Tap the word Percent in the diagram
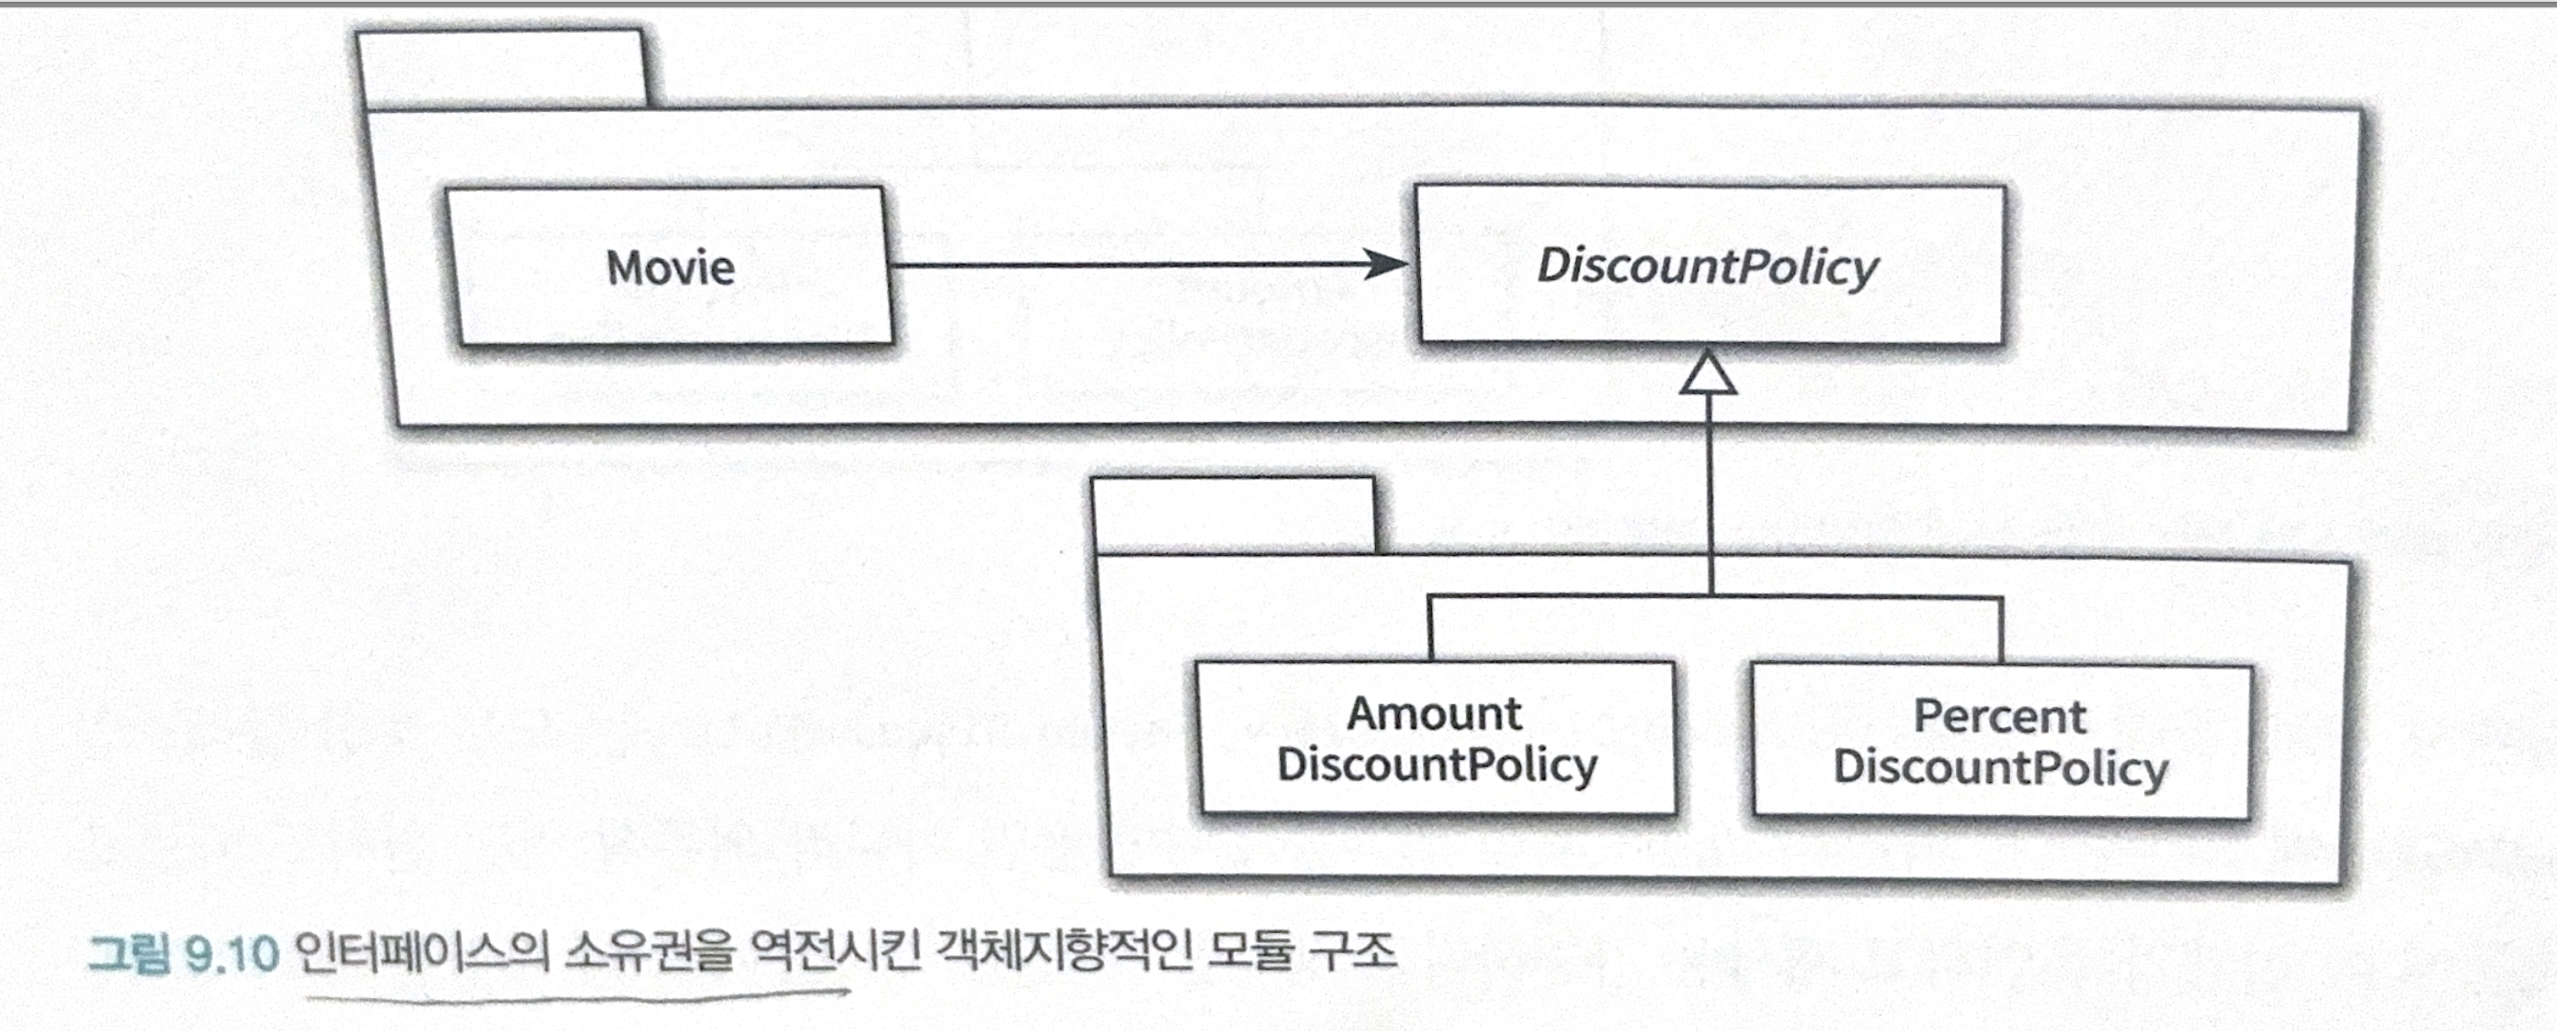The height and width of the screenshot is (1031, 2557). tap(1999, 717)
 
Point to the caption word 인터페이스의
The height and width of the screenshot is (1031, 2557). tap(422, 954)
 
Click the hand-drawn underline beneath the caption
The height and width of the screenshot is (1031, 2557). tap(575, 996)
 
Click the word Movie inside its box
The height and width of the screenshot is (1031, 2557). tap(671, 268)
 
